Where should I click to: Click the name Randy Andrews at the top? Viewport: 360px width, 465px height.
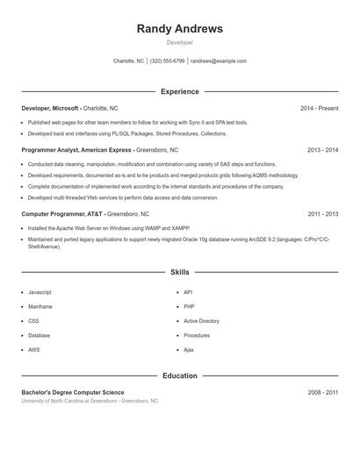[x=179, y=29]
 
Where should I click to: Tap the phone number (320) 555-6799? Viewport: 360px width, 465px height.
[x=167, y=61]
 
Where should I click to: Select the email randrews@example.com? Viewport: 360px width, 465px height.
[x=218, y=61]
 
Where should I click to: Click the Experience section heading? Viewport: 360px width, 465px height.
[x=179, y=91]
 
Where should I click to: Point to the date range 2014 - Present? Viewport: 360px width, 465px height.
[x=319, y=108]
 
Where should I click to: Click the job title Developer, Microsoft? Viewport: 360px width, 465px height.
[x=50, y=108]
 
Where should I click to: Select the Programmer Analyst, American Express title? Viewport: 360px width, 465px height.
[x=76, y=150]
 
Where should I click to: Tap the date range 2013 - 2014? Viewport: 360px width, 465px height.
[x=322, y=150]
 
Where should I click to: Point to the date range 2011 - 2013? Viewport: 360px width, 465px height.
[x=322, y=213]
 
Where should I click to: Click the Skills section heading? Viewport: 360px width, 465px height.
[x=179, y=273]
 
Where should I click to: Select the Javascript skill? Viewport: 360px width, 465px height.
[x=40, y=292]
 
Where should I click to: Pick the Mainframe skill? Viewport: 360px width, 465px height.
[x=40, y=307]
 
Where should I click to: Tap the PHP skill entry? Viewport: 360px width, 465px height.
[x=189, y=307]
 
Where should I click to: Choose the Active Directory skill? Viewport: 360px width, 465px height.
[x=201, y=321]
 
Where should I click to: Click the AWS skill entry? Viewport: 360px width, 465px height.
[x=34, y=349]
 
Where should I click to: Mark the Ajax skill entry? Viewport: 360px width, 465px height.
[x=189, y=349]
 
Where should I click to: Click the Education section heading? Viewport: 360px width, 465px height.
[x=179, y=376]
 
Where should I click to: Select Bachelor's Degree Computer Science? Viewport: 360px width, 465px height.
[x=73, y=392]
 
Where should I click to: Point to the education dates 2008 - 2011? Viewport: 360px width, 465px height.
[x=322, y=392]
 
